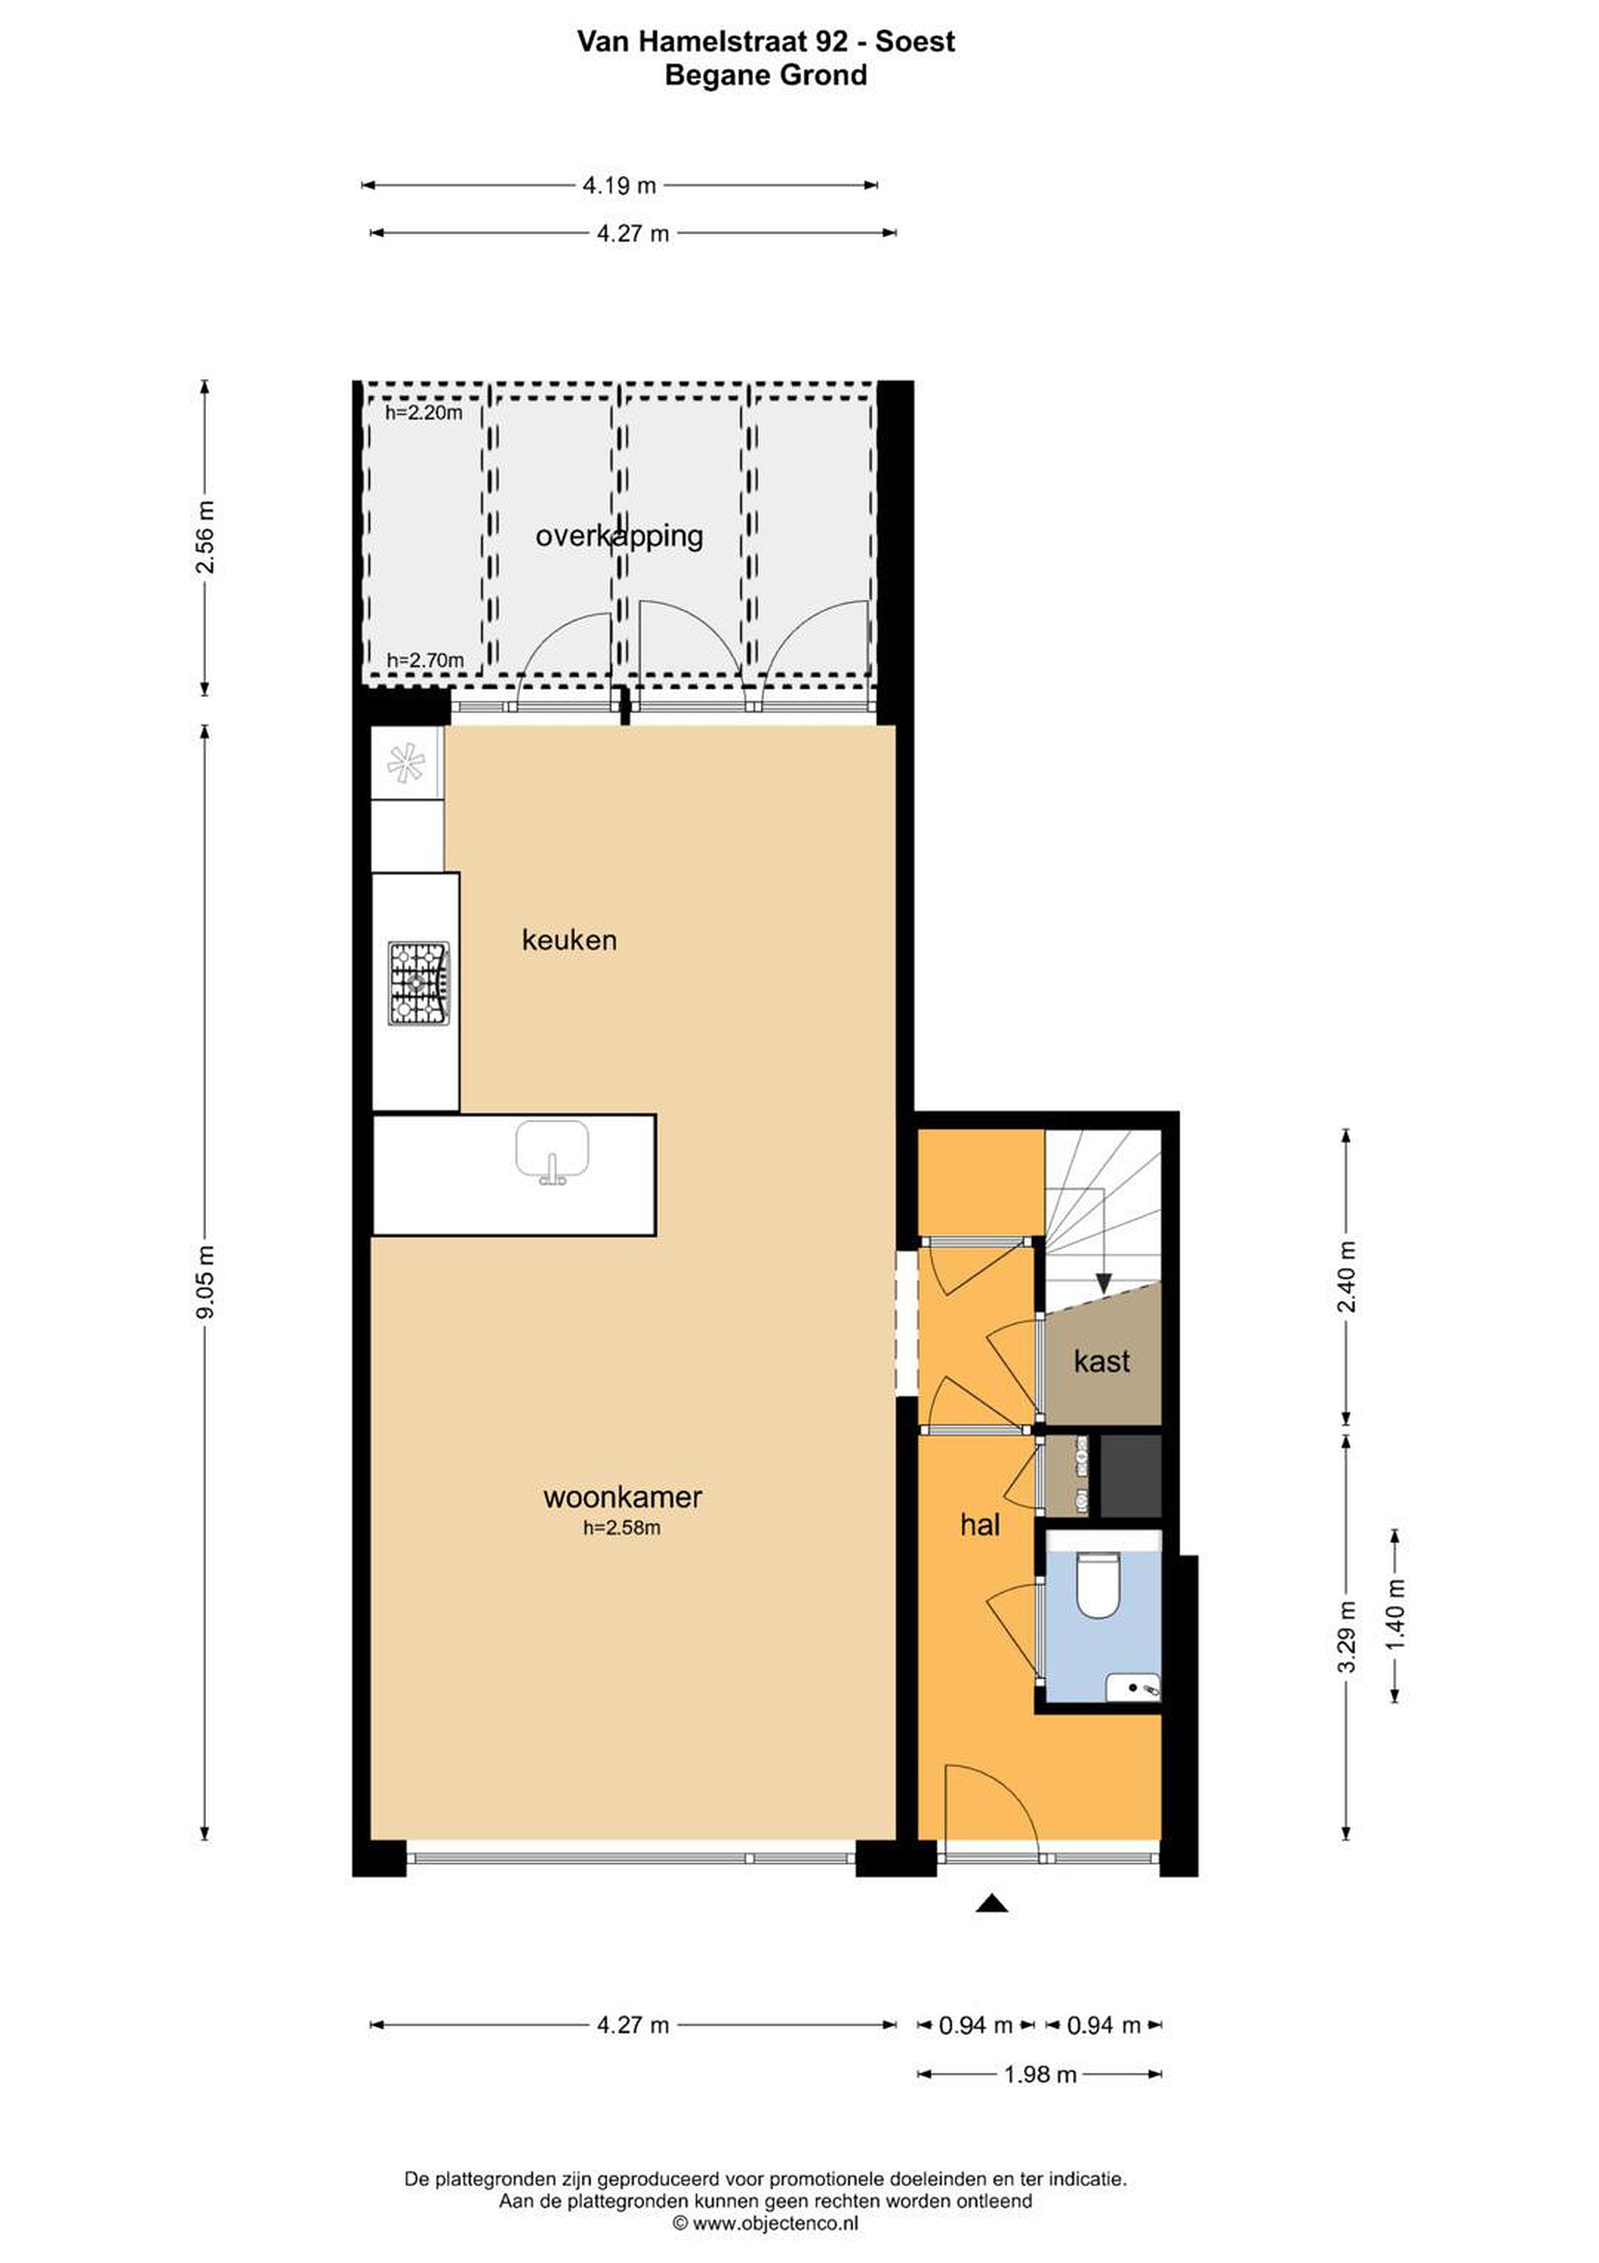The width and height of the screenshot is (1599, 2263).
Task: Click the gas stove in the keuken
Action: pyautogui.click(x=419, y=983)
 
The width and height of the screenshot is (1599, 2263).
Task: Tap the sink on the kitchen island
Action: pyautogui.click(x=552, y=1150)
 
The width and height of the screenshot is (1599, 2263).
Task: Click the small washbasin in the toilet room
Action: pyautogui.click(x=1133, y=1689)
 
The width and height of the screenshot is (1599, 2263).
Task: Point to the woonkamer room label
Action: pyautogui.click(x=623, y=1497)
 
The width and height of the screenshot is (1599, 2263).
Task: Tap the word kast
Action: pyautogui.click(x=1101, y=1361)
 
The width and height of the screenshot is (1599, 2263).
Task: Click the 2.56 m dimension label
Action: pyautogui.click(x=206, y=537)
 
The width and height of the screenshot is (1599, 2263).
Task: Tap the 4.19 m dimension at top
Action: pyautogui.click(x=620, y=185)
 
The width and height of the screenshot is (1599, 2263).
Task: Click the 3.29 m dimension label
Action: pyautogui.click(x=1348, y=1636)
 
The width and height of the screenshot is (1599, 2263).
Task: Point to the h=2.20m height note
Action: pyautogui.click(x=423, y=413)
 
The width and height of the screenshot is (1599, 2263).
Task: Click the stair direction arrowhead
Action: pyautogui.click(x=1103, y=1283)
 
